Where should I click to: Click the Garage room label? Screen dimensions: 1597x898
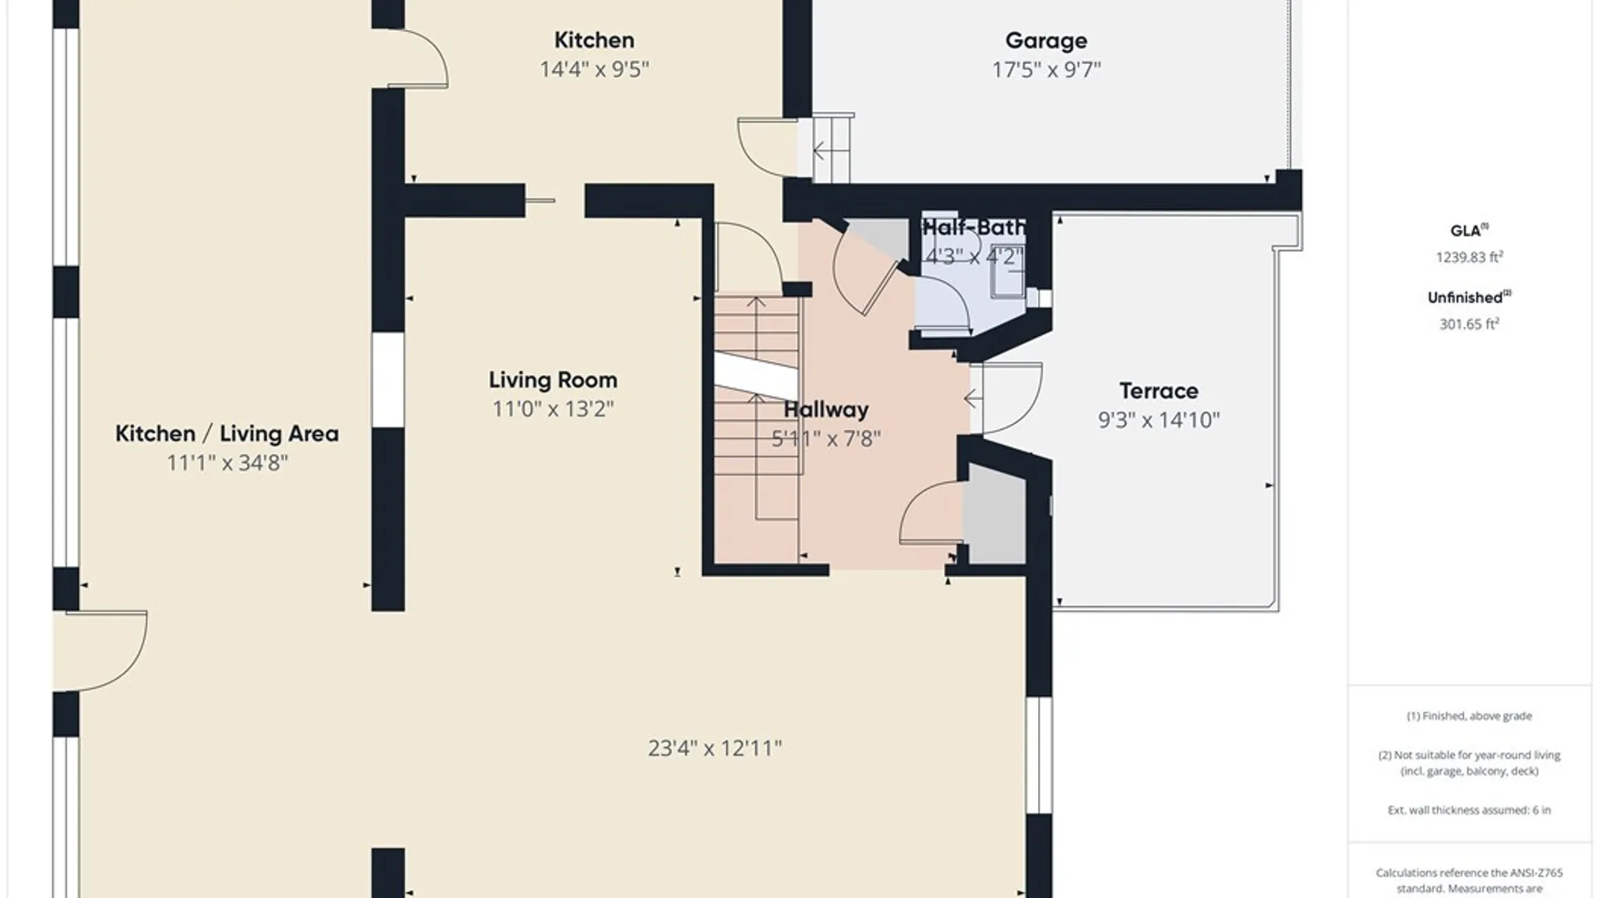[1046, 41]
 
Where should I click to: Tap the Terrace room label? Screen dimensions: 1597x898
[1159, 391]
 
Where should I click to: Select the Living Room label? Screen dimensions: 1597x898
[553, 380]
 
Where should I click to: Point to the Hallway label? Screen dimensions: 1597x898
[826, 409]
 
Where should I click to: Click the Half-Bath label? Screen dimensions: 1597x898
[974, 227]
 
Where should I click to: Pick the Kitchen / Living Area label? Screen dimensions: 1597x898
[227, 433]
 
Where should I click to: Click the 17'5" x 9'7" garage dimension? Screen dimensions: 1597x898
[1046, 70]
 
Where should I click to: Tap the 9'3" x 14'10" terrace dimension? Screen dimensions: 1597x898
[1159, 420]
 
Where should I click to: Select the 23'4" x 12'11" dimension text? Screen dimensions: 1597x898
[715, 748]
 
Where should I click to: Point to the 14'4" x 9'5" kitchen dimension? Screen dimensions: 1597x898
[594, 69]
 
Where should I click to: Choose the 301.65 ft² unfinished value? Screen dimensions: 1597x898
[1470, 323]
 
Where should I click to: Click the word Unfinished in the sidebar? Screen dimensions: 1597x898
[1466, 298]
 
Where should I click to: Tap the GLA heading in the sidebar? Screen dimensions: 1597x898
[1466, 231]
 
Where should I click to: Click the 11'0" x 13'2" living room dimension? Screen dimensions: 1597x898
[553, 409]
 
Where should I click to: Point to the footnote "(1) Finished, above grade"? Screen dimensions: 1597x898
[1469, 716]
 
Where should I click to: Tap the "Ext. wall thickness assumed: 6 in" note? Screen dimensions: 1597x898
[1469, 810]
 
